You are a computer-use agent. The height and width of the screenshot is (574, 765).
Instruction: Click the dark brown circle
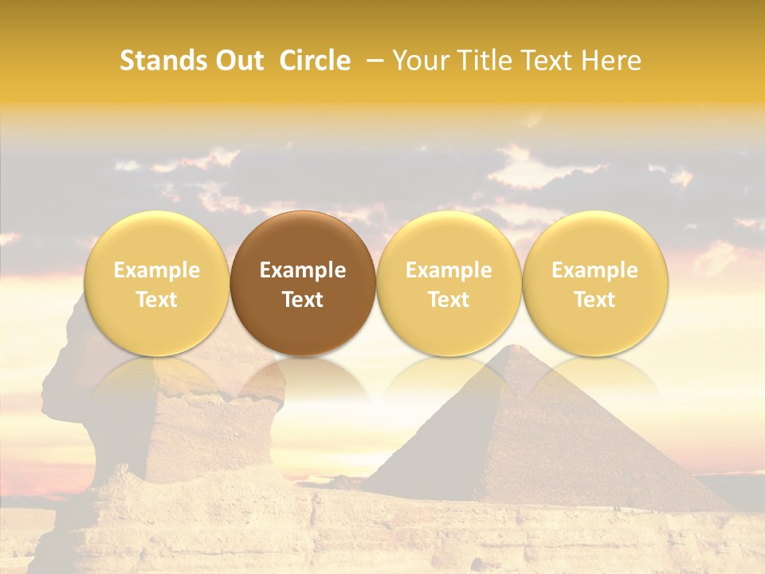pyautogui.click(x=303, y=283)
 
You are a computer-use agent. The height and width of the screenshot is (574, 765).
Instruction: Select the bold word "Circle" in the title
pyautogui.click(x=315, y=61)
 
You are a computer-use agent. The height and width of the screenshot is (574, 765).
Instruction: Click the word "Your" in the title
pyautogui.click(x=420, y=61)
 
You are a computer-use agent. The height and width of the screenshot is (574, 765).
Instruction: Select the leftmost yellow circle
pyautogui.click(x=157, y=283)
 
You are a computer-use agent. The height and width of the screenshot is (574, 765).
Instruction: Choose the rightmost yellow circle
pyautogui.click(x=595, y=283)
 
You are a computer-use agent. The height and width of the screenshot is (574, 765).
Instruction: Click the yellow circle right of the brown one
pyautogui.click(x=449, y=283)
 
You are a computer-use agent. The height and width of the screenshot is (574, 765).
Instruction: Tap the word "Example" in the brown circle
pyautogui.click(x=303, y=270)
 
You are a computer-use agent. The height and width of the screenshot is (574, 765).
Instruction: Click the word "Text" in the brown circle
pyautogui.click(x=303, y=300)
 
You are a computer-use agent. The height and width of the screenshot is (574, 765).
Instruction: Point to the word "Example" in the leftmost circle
pyautogui.click(x=157, y=270)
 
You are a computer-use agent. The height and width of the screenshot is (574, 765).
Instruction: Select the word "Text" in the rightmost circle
pyautogui.click(x=595, y=300)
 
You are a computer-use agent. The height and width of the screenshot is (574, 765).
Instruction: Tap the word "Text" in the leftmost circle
pyautogui.click(x=157, y=300)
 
